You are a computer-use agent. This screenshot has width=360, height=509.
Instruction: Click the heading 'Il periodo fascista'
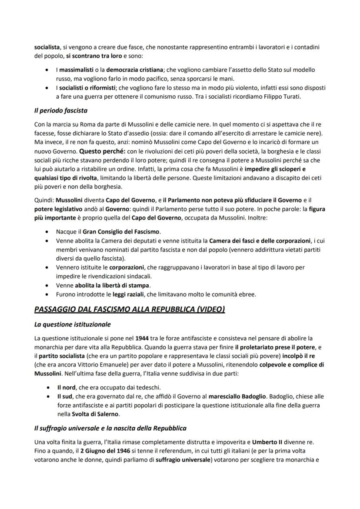point(61,110)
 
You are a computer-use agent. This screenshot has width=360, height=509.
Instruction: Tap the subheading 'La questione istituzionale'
point(73,324)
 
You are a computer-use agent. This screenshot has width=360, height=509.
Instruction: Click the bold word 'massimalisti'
point(77,70)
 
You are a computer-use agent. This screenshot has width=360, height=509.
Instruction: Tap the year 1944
point(143,338)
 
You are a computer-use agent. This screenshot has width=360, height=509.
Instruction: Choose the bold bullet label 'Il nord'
point(66,388)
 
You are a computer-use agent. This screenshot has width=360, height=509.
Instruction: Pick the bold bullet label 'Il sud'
point(65,397)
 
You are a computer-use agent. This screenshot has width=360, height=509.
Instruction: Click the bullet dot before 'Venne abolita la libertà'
point(47,286)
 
